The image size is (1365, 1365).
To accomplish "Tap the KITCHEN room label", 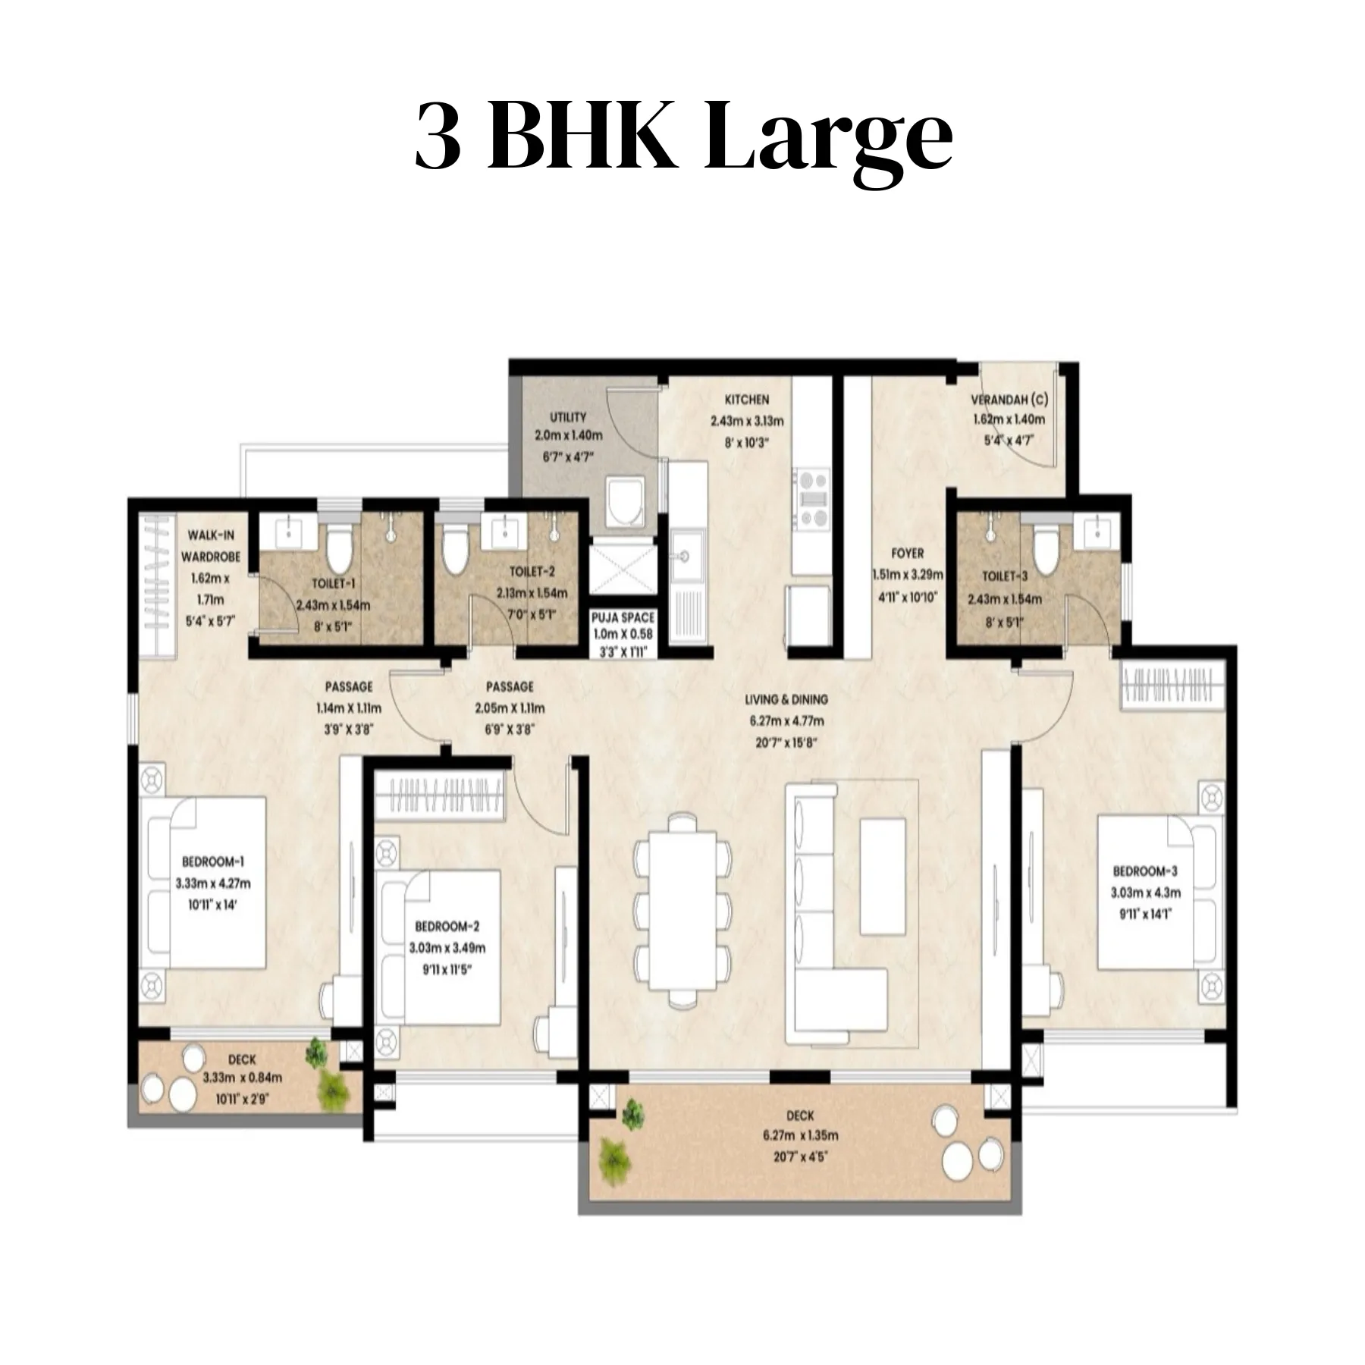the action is point(747,400).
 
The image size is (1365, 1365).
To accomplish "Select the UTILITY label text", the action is point(568,417).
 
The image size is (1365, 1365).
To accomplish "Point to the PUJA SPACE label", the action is point(623,618).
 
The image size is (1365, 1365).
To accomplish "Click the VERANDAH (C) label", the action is point(1009,400).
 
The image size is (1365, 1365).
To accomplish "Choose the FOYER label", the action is point(907,554).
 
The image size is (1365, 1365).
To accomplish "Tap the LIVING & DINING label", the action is point(786,699).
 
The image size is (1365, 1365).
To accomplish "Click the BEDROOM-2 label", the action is point(447,926).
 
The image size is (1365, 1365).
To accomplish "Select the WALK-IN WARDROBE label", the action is point(211,546).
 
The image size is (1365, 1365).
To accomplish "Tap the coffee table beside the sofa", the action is point(882,877).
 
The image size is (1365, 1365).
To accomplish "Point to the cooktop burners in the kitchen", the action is point(811,497).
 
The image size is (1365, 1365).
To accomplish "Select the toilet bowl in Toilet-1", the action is point(338,548).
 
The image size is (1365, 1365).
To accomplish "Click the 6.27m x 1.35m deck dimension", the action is point(800,1136).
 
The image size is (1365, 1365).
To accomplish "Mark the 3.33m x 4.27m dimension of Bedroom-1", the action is point(213,883).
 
